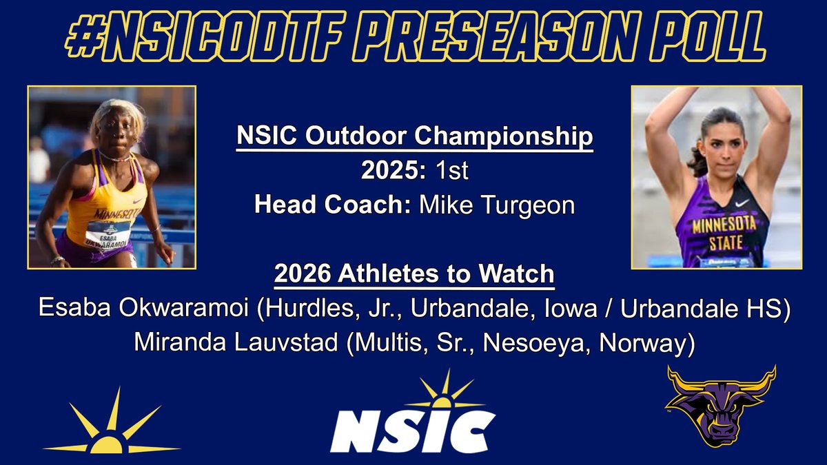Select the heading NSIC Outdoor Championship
pos(415,137)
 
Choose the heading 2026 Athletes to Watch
pos(414,275)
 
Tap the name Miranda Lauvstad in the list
pos(231,344)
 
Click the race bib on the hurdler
pos(108,234)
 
